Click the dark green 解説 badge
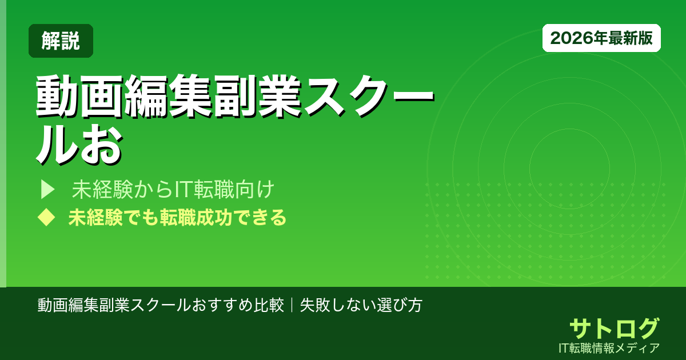point(61,41)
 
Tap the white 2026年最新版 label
point(601,38)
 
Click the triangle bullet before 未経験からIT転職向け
point(47,189)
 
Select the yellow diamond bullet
point(46,218)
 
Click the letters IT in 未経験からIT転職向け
point(183,189)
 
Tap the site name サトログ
point(614,328)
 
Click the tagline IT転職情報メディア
point(611,347)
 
